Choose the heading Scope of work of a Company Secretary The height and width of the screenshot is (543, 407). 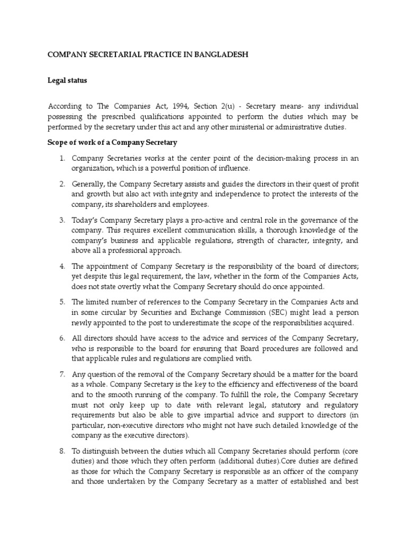(x=113, y=143)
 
